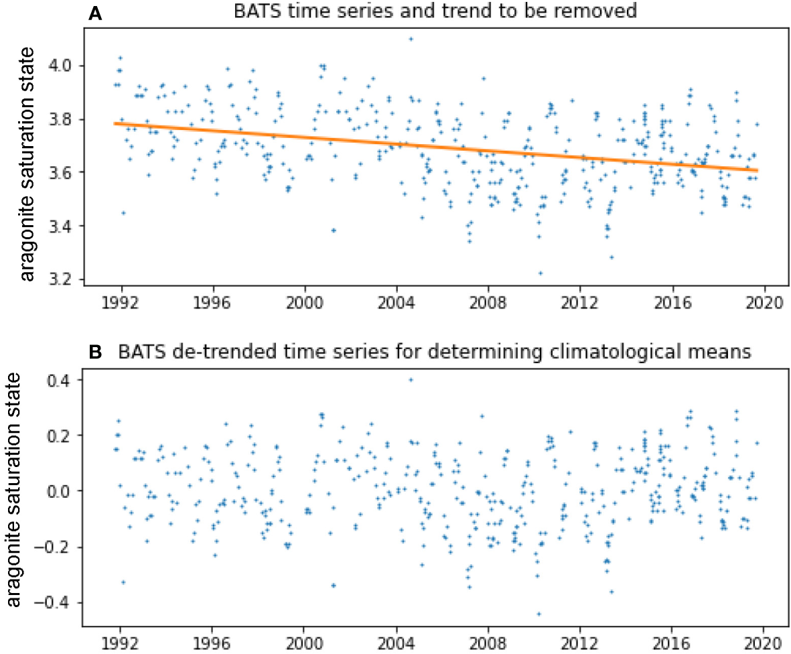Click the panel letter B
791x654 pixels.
(x=96, y=351)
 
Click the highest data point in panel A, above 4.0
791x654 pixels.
(x=411, y=39)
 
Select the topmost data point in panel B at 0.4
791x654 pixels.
(x=411, y=379)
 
